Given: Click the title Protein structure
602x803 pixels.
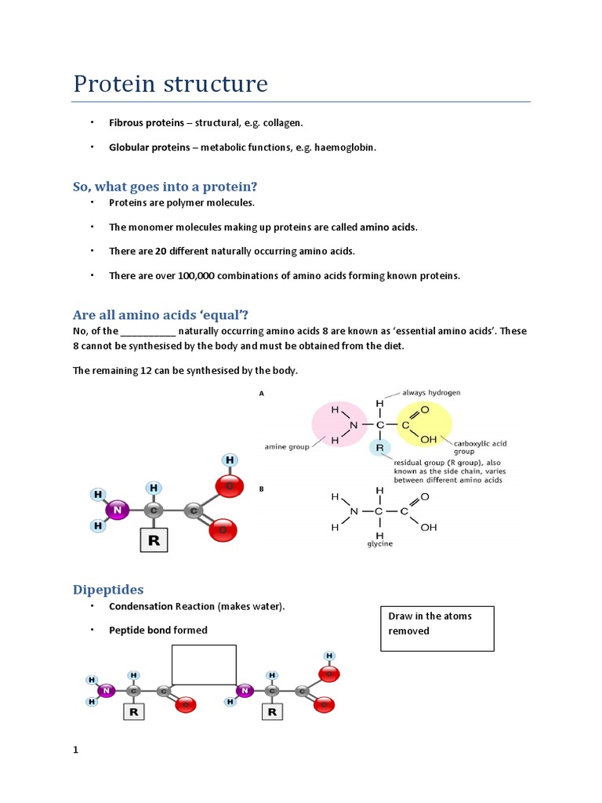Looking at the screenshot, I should click(x=170, y=84).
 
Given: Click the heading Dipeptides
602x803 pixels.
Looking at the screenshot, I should click(x=108, y=589).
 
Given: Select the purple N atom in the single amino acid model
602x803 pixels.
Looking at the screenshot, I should click(x=118, y=510).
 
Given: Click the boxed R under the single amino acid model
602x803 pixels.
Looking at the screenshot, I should click(x=154, y=540).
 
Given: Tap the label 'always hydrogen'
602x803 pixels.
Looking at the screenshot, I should click(x=430, y=392).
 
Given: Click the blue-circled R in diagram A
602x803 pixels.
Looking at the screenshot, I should click(x=379, y=448).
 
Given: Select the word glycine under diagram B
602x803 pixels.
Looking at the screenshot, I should click(x=379, y=543).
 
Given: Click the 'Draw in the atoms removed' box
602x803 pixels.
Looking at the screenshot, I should click(x=437, y=627).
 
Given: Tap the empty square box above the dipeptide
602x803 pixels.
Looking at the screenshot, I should click(x=204, y=664).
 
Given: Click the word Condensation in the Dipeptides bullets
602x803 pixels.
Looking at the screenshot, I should click(x=140, y=606).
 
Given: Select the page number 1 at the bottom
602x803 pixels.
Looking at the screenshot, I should click(x=76, y=750).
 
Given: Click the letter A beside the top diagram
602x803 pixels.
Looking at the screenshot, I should click(x=261, y=394).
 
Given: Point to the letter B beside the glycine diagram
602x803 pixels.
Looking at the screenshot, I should click(x=261, y=489).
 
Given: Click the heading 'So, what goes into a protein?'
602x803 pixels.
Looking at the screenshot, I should click(x=165, y=186).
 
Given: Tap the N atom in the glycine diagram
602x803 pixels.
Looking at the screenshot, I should click(x=354, y=511).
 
